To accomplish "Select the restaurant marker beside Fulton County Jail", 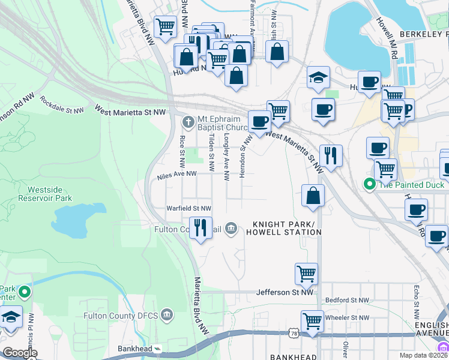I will [200, 228].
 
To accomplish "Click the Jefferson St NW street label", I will [285, 292].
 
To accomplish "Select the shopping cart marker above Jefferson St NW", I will [306, 274].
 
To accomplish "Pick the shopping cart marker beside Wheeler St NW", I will [312, 320].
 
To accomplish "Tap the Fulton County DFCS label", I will [122, 315].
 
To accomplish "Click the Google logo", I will [20, 353].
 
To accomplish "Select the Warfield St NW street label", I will [189, 208].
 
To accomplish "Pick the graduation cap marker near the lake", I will [318, 77].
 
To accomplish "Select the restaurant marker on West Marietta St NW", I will [331, 155].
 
